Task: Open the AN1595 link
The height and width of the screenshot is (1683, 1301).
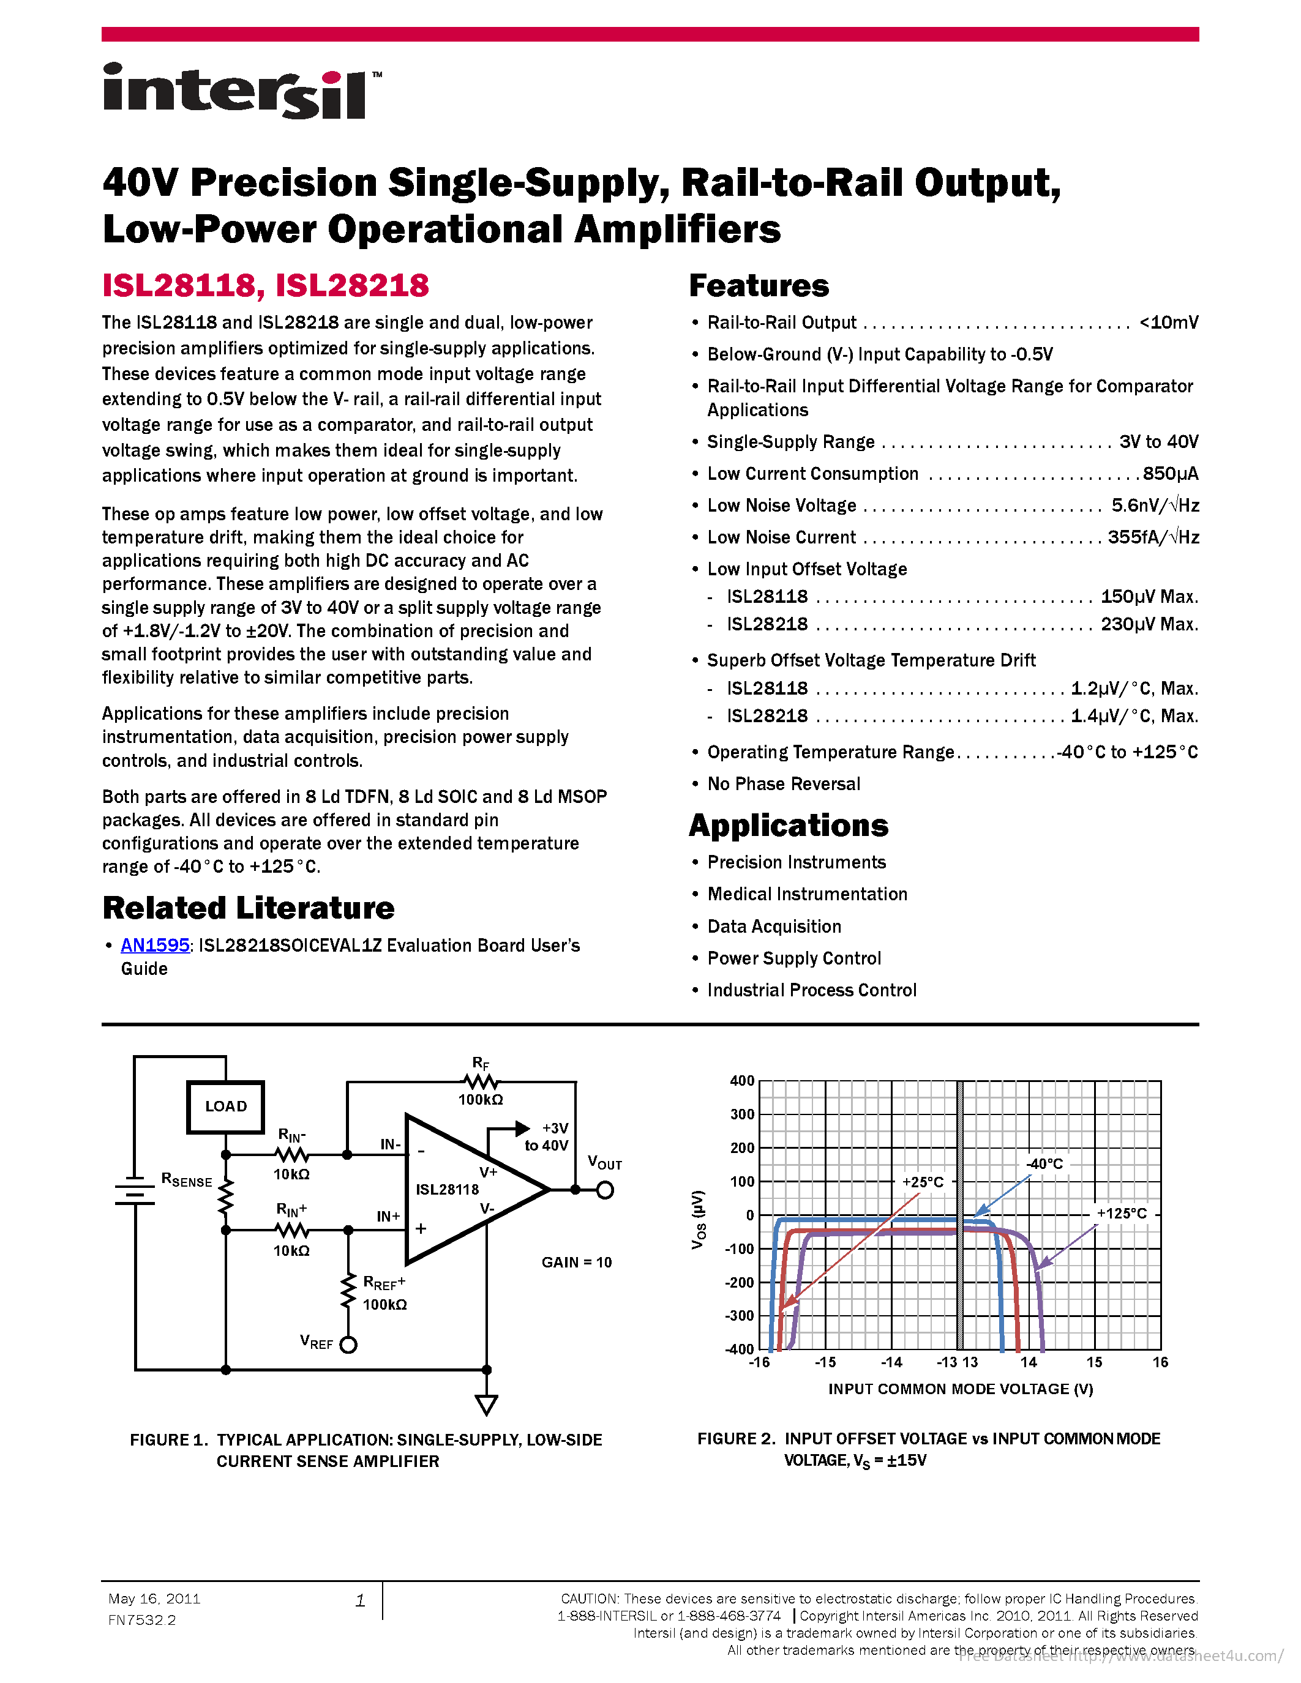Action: (x=155, y=945)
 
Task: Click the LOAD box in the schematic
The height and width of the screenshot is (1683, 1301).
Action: (x=226, y=1106)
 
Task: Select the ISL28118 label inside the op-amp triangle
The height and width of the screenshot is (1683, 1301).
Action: (x=447, y=1189)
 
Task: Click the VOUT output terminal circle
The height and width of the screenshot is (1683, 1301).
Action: (x=605, y=1190)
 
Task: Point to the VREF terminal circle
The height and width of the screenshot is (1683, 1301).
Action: (x=348, y=1345)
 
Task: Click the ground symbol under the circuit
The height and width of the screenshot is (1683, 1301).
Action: (x=486, y=1404)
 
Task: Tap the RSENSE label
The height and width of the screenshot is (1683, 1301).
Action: (x=187, y=1180)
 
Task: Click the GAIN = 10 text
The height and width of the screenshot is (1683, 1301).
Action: (x=577, y=1262)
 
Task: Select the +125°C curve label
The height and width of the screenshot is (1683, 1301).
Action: (x=1122, y=1213)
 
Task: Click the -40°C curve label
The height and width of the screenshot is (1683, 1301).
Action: (x=1044, y=1163)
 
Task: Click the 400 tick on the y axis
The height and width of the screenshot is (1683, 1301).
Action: (x=741, y=1080)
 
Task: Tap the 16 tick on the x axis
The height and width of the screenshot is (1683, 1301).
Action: (x=1160, y=1362)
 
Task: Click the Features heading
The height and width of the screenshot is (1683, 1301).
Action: (x=759, y=285)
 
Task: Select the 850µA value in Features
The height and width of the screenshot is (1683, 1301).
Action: (x=1170, y=473)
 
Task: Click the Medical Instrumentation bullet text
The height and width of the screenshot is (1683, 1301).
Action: (x=807, y=894)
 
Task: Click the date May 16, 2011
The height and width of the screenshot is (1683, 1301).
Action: (x=154, y=1599)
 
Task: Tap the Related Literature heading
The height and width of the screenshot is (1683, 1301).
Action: (x=248, y=908)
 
